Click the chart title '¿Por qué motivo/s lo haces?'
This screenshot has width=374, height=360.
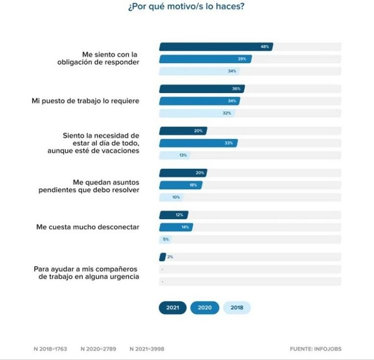[x=187, y=8]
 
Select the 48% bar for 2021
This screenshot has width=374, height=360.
[x=216, y=47]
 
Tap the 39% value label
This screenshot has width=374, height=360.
[x=241, y=59]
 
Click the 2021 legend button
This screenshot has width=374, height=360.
[x=172, y=308]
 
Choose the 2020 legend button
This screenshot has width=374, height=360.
[x=204, y=308]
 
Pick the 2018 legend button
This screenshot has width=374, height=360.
[x=236, y=308]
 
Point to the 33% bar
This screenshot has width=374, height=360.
[x=198, y=143]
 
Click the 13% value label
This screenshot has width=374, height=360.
[x=183, y=155]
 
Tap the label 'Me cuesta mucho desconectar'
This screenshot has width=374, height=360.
[x=87, y=227]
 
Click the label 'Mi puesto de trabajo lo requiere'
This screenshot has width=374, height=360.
[x=85, y=101]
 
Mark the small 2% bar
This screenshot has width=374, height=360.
[x=162, y=257]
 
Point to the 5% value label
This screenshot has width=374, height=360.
[x=166, y=239]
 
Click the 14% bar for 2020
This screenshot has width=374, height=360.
[x=176, y=227]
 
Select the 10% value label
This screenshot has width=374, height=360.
[x=176, y=197]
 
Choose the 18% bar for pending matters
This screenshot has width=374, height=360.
[x=181, y=185]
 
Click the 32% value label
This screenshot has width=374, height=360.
[x=227, y=113]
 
